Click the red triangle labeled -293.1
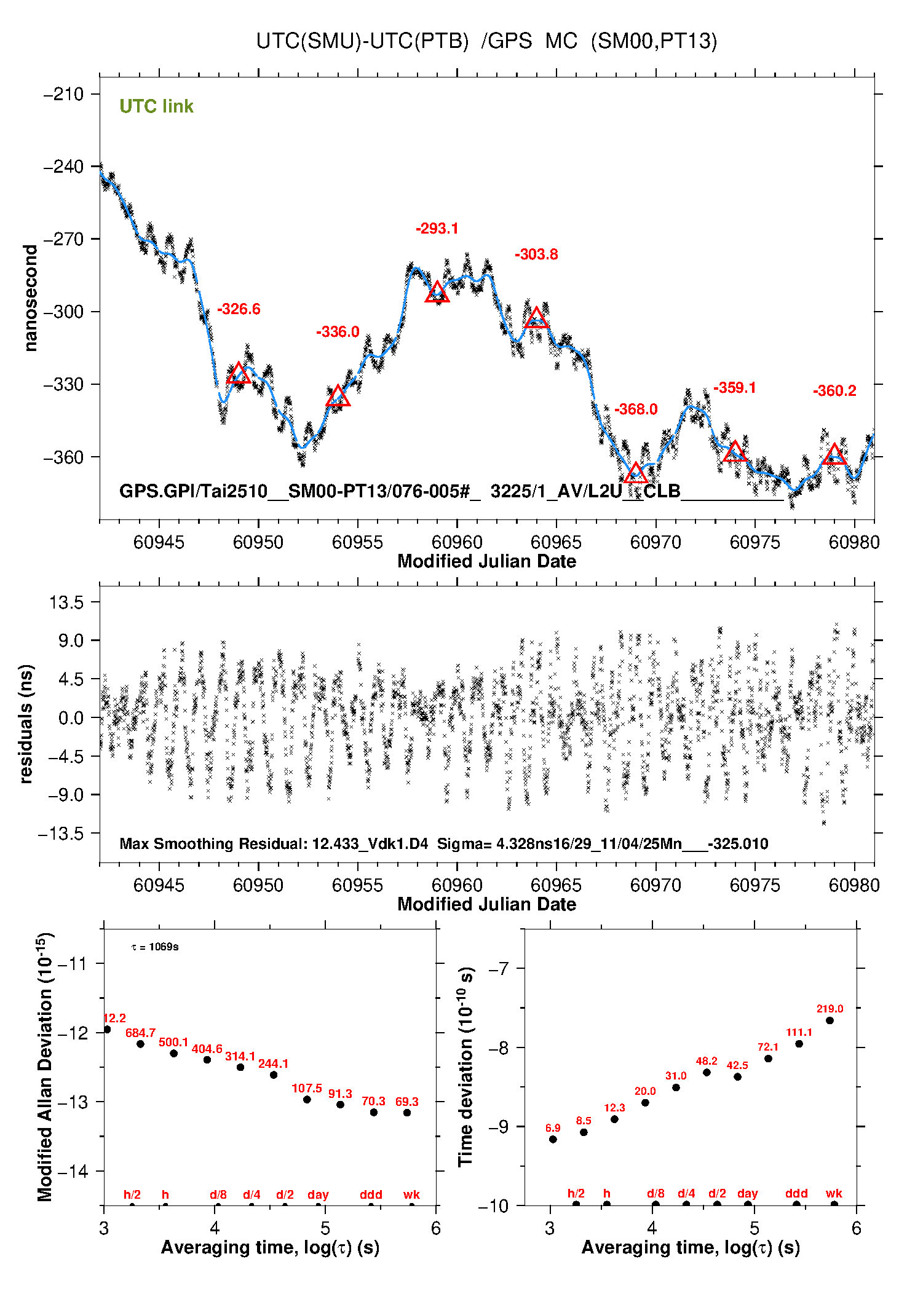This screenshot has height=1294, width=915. pos(437,293)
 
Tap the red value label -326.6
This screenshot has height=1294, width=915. pos(239,309)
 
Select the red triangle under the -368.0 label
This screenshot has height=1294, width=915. pos(636,473)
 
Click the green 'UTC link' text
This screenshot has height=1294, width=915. pos(156,106)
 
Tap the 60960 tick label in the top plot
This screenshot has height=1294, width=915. pos(457,542)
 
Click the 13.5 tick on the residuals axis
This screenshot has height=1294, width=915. pos(66,602)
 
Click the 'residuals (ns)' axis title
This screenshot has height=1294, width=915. pos(26,724)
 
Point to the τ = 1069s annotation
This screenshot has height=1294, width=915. pos(155,947)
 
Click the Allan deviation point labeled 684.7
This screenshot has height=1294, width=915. pos(140,1044)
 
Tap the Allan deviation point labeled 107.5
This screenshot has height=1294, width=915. pos(307,1099)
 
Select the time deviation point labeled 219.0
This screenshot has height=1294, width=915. pos(830,1020)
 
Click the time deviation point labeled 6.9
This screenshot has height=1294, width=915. pos(553,1139)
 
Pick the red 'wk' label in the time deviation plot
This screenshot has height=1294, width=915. pos(834,1193)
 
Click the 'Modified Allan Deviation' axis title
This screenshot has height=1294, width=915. pos(45,1067)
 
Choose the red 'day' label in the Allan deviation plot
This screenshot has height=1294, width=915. pos(318,1194)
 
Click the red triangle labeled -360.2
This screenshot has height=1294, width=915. pos(834,455)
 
